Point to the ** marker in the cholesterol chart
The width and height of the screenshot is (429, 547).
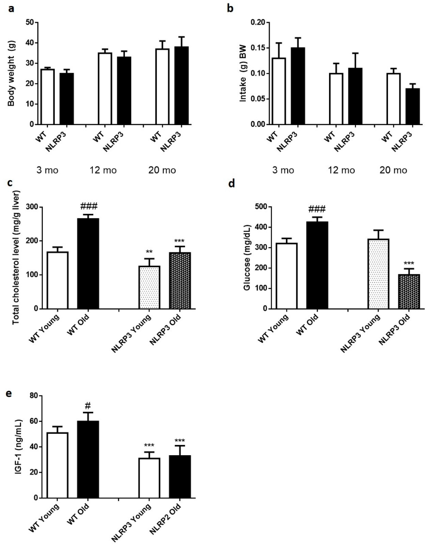149,252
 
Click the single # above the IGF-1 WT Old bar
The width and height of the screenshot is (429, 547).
88,405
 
